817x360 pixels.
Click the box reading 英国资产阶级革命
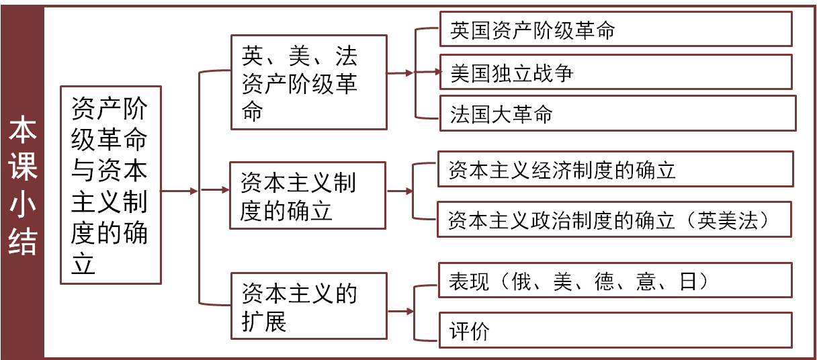click(615, 30)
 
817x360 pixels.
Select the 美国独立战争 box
click(615, 72)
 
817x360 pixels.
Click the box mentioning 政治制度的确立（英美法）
click(614, 219)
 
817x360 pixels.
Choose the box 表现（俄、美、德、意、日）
click(615, 280)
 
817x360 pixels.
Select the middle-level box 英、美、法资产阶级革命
click(308, 82)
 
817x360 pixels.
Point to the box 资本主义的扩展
click(308, 306)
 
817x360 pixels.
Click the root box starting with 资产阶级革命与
click(110, 185)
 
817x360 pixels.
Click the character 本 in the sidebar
click(22, 132)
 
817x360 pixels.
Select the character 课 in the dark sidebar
click(22, 168)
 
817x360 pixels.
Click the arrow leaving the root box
click(179, 191)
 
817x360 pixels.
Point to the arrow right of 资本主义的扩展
click(400, 311)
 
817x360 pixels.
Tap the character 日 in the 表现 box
click(688, 281)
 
